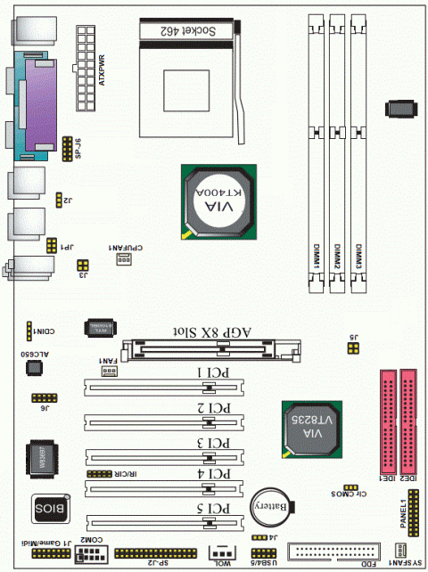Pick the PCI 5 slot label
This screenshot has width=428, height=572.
215,509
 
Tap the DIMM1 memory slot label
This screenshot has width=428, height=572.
317,257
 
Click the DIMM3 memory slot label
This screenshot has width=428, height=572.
358,257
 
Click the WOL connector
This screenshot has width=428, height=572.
223,552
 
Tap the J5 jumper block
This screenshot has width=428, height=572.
353,348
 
